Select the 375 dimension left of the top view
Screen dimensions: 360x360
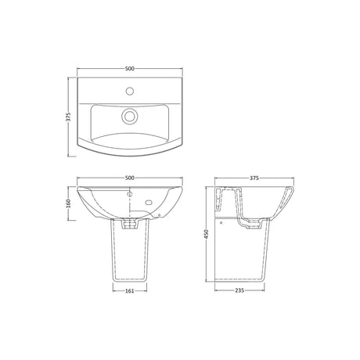[x=70, y=116]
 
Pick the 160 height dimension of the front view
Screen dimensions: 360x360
[x=70, y=203]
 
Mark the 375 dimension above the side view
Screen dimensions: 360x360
[x=254, y=178]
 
